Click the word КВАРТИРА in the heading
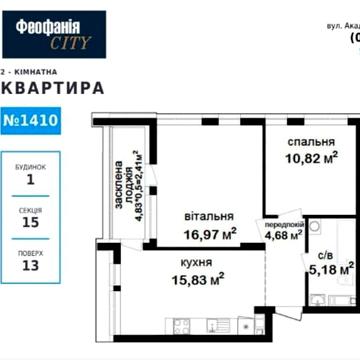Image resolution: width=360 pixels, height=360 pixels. (55, 88)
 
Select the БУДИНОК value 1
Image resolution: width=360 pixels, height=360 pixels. (31, 181)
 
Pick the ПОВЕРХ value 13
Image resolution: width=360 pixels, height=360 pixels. (31, 267)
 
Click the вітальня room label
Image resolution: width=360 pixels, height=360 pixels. (209, 217)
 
